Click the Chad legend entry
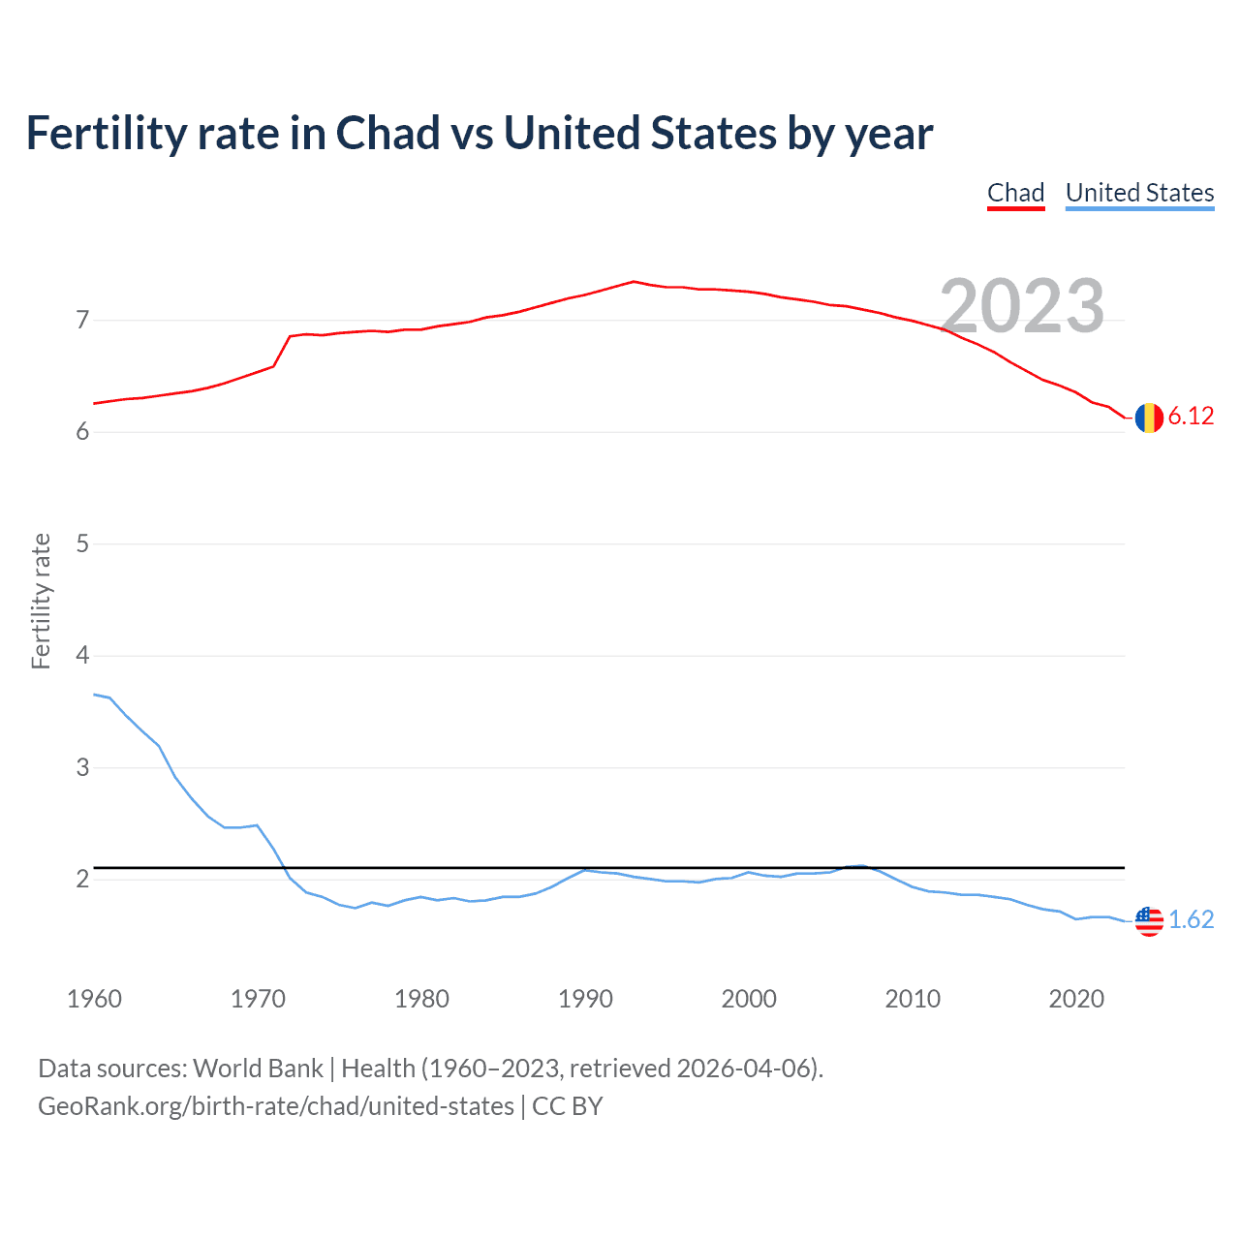[x=1015, y=193]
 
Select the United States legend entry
[x=1139, y=193]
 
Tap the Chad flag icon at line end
[x=1149, y=418]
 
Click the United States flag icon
[x=1149, y=920]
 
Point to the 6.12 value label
[x=1191, y=417]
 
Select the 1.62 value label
[x=1191, y=919]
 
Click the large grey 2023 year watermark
[x=1022, y=306]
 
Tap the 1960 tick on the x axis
[x=94, y=999]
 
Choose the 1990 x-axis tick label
[x=585, y=999]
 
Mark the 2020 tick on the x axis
[x=1076, y=999]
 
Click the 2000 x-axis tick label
[x=749, y=999]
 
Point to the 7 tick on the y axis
[x=82, y=320]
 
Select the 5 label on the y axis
[x=82, y=543]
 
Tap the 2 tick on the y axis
[x=82, y=880]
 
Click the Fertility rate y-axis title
[x=41, y=601]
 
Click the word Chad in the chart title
[x=387, y=134]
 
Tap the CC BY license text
[x=568, y=1106]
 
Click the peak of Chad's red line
[x=633, y=282]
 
